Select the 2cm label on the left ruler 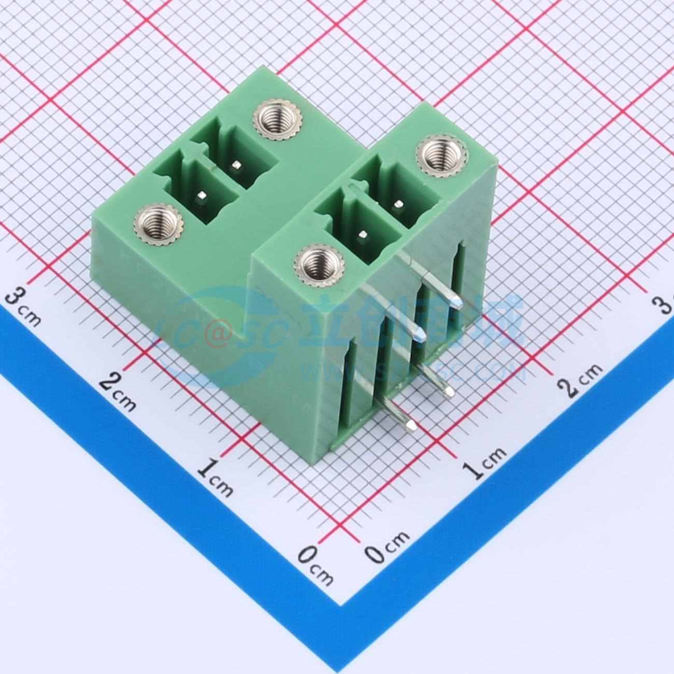click(118, 390)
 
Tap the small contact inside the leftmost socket click(202, 195)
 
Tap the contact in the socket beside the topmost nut click(237, 165)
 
